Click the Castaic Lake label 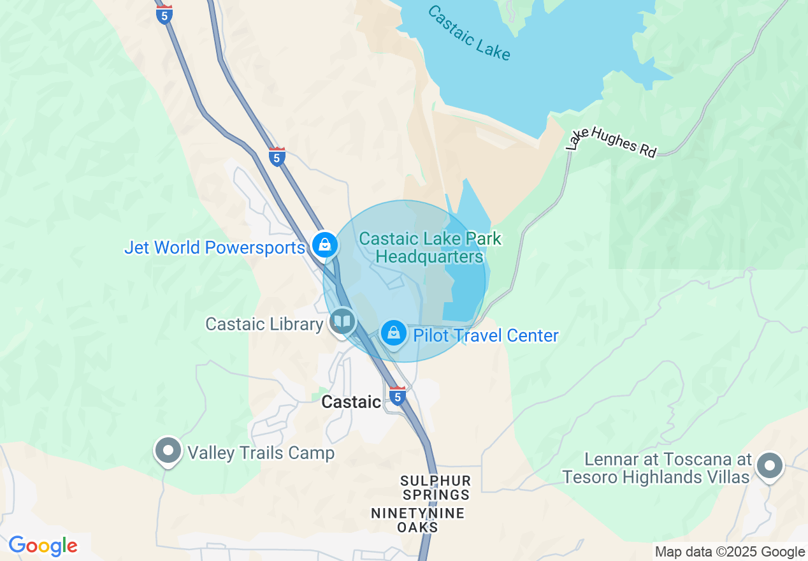[468, 33]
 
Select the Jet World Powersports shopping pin [325, 244]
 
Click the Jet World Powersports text [215, 247]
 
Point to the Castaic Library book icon [343, 321]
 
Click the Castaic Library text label [264, 324]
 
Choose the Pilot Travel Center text [486, 335]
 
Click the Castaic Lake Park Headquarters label [430, 248]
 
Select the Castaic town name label [351, 402]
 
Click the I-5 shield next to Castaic [398, 396]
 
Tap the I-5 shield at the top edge [164, 13]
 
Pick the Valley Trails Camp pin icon [168, 451]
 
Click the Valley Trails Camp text [261, 453]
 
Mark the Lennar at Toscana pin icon [770, 465]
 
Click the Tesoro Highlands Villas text [655, 477]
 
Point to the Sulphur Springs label [436, 488]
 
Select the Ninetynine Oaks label [418, 520]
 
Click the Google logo [43, 546]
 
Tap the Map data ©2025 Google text [730, 552]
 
